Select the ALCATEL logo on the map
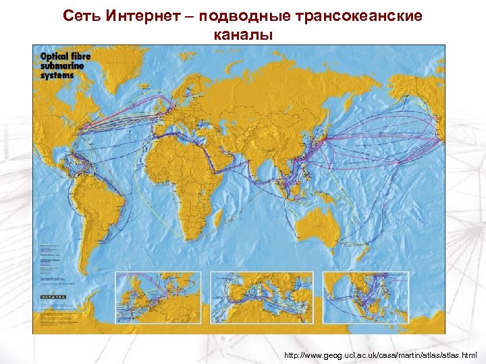pos(54,297)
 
